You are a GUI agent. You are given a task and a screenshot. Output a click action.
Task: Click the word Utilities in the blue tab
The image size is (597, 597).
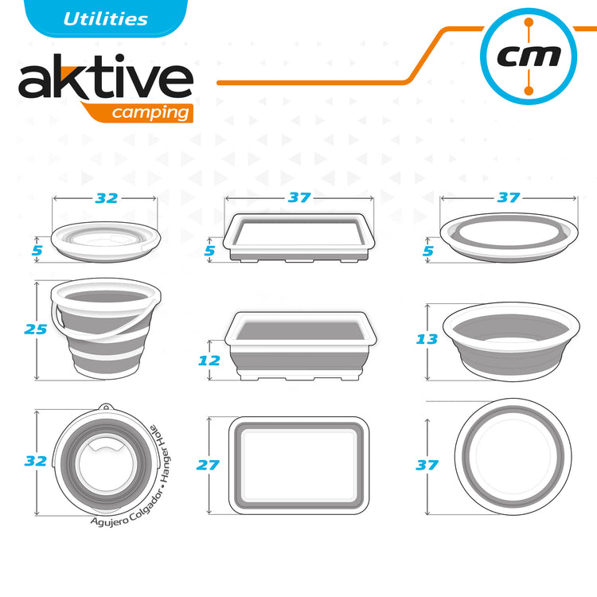coord(105,19)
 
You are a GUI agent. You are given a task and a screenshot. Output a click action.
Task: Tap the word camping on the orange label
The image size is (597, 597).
coord(150,113)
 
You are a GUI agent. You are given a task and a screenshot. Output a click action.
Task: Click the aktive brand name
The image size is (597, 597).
coord(106,76)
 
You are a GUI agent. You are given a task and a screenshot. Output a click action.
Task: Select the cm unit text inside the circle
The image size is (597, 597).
coord(529,57)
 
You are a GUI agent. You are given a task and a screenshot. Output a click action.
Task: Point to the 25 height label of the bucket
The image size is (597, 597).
coord(35,330)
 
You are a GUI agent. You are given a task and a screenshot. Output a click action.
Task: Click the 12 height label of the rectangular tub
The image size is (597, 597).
coord(209,361)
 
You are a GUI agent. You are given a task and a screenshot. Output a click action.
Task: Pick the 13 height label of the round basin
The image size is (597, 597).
coord(427,339)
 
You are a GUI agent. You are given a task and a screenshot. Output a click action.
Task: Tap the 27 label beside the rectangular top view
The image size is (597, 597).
coord(208,465)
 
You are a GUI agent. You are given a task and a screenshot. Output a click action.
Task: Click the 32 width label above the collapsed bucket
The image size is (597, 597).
coord(107,198)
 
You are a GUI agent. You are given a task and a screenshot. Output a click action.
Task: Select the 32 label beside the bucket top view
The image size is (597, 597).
coord(35,461)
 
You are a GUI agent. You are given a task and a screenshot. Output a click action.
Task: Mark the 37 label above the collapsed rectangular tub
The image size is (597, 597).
coord(299,197)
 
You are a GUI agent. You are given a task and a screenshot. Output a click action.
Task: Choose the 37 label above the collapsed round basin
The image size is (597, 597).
coord(509,197)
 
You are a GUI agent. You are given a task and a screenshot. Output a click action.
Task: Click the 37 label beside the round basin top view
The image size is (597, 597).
coord(427,465)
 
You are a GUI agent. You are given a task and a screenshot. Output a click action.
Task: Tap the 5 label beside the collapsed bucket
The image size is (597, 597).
coord(37,251)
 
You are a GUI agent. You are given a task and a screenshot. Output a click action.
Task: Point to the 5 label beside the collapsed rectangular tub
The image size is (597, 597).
coord(210,251)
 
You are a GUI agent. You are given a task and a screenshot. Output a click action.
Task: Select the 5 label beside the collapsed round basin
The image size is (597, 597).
coord(428,251)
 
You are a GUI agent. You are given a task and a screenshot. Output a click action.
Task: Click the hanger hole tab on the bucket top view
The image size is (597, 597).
coord(106,408)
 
